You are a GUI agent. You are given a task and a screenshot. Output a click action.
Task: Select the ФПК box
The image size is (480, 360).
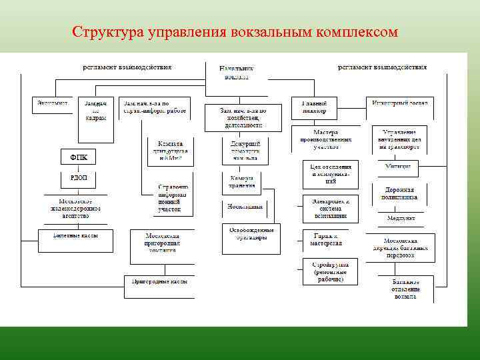pos(79,157)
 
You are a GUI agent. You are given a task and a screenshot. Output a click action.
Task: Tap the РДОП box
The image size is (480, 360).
pos(79,178)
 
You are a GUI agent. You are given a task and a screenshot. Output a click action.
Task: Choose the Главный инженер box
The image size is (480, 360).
pos(314,107)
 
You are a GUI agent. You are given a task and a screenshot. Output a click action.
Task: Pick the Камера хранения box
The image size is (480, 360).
pos(242,183)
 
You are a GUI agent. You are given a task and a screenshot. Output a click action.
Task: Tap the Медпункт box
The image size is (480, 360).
pos(401,218)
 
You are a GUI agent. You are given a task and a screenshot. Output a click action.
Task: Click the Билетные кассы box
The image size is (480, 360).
pos(75,236)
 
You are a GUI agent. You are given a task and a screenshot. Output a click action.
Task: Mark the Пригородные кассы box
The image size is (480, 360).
pos(160,281)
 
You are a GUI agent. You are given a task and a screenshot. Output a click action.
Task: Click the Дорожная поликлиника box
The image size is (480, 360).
pos(401,193)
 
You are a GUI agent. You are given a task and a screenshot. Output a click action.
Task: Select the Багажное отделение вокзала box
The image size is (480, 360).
pos(406,290)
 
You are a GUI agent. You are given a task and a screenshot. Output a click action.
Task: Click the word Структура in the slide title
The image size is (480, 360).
pos(103,31)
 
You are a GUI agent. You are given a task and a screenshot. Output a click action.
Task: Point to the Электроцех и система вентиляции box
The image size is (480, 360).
pos(330,207)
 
